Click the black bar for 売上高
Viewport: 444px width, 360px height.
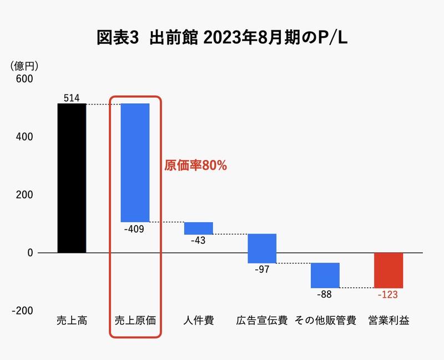(x=72, y=178)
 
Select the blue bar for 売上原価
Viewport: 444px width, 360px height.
(x=135, y=162)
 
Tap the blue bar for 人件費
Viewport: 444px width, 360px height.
(x=198, y=228)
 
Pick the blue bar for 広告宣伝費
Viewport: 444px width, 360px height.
(x=262, y=248)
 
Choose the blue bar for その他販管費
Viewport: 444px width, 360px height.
(x=325, y=275)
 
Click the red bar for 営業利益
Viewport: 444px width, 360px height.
(x=389, y=270)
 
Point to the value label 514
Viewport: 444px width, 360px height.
(x=72, y=98)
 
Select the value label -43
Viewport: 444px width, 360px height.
(x=199, y=241)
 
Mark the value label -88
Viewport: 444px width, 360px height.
(x=325, y=294)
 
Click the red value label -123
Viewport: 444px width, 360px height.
(x=387, y=294)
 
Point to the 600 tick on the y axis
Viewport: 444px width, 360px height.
(x=24, y=79)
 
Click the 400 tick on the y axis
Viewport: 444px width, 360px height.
(x=24, y=137)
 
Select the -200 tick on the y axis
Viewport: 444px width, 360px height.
(x=23, y=311)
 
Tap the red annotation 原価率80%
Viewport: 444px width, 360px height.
(x=196, y=166)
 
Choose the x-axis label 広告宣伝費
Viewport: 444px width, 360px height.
(x=262, y=321)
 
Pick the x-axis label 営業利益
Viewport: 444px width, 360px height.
(x=389, y=321)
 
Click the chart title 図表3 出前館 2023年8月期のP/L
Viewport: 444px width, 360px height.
(x=222, y=38)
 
